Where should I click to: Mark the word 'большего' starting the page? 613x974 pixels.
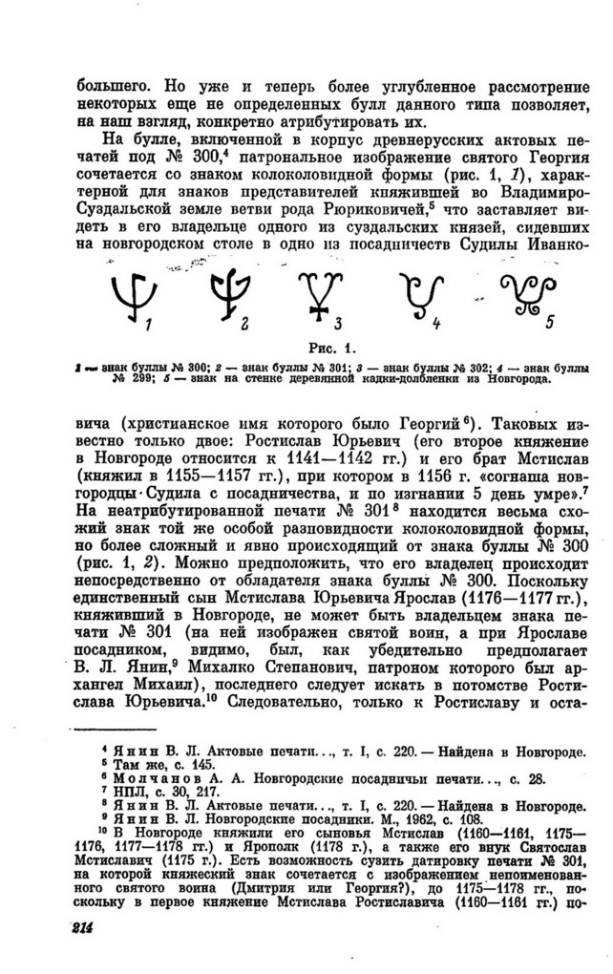(x=111, y=83)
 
